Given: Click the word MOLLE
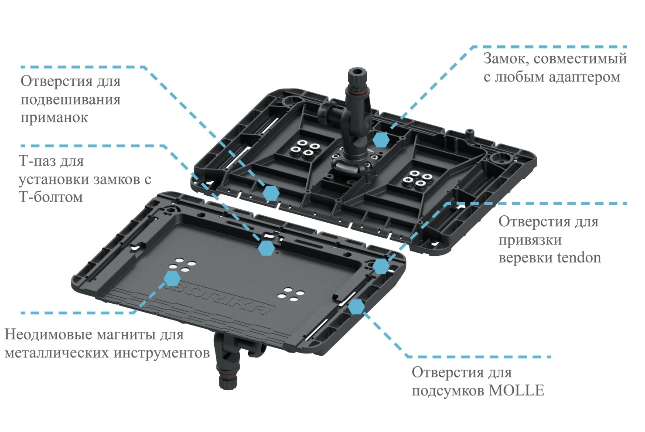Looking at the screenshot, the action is tap(517, 391).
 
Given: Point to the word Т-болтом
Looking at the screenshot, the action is tap(51, 197).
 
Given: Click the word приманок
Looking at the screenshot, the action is tap(54, 118).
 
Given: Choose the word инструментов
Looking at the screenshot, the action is tap(162, 353).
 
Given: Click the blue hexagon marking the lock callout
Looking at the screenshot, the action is tap(381, 140).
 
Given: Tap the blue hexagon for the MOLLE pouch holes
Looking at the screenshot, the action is tap(356, 307).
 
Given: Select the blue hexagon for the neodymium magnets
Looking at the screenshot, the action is tap(172, 278).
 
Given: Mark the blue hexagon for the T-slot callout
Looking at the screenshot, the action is tap(266, 248).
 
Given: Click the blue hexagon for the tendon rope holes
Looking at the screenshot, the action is tap(381, 265).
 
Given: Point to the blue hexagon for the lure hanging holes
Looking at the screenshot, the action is tap(271, 193).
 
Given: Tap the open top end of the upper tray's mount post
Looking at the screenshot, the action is tap(357, 71).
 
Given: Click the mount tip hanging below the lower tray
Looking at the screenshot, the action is tap(228, 383).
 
